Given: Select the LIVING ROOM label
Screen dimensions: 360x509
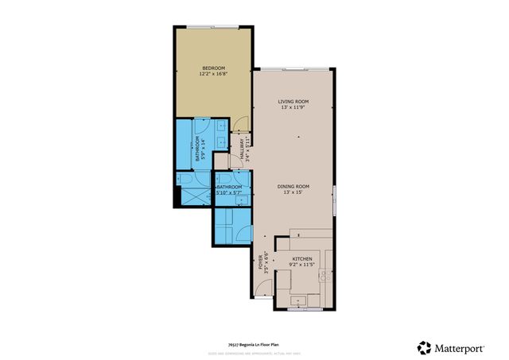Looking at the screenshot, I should click(293, 102).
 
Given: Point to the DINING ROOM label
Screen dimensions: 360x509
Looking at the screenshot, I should click(293, 187).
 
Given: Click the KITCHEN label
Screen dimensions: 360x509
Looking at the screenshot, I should click(302, 260).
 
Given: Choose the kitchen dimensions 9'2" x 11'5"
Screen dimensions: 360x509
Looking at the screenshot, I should click(302, 266).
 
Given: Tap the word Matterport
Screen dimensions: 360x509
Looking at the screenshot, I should click(464, 346).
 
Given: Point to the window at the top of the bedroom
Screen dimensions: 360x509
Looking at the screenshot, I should click(212, 27).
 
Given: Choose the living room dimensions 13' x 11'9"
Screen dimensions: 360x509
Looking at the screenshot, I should click(293, 109).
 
